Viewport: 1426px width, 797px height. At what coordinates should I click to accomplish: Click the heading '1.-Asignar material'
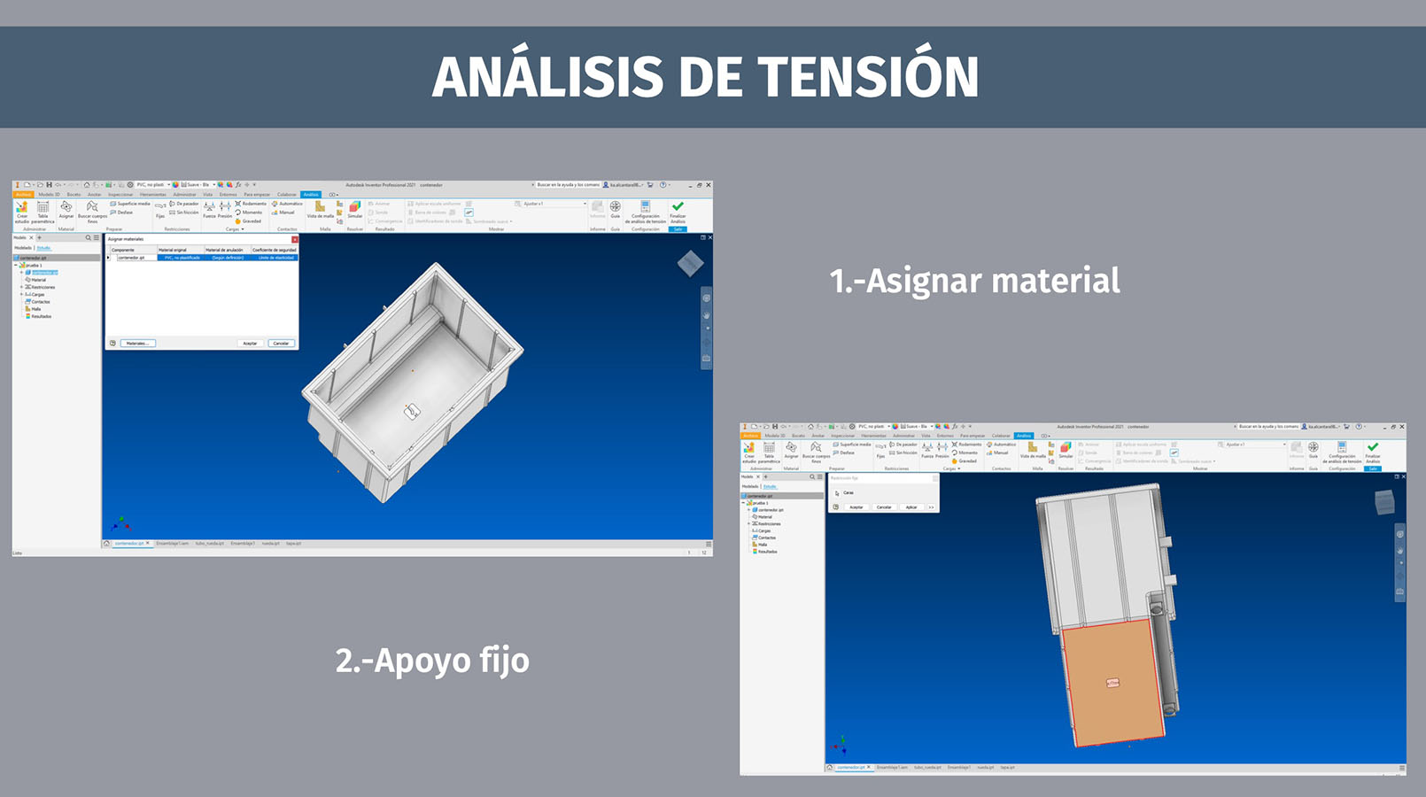click(x=974, y=281)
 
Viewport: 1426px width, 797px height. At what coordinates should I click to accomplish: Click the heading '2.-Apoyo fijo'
click(x=432, y=661)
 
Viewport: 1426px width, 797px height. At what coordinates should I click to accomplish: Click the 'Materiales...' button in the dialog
click(x=137, y=343)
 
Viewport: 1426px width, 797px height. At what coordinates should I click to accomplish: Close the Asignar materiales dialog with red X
click(x=295, y=239)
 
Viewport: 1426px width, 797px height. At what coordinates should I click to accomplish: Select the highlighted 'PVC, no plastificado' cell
click(x=182, y=258)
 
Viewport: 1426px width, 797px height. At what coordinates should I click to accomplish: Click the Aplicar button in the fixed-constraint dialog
click(x=911, y=507)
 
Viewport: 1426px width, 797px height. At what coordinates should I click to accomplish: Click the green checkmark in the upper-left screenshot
click(x=678, y=207)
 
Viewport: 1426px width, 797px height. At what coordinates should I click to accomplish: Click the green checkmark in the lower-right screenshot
click(x=1373, y=447)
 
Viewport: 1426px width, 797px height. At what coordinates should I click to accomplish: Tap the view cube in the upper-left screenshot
click(x=690, y=263)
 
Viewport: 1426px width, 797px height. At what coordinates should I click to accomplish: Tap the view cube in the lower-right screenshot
click(x=1383, y=503)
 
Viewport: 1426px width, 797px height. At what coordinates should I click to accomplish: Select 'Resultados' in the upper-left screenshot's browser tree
click(x=41, y=316)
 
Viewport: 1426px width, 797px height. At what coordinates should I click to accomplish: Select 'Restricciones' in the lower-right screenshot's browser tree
click(x=769, y=523)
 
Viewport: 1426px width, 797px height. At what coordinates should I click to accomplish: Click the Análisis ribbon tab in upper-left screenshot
click(x=311, y=195)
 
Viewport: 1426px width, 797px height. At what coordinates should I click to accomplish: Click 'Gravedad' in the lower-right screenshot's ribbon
click(x=966, y=461)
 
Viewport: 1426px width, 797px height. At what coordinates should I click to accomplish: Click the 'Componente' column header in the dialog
click(x=123, y=250)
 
